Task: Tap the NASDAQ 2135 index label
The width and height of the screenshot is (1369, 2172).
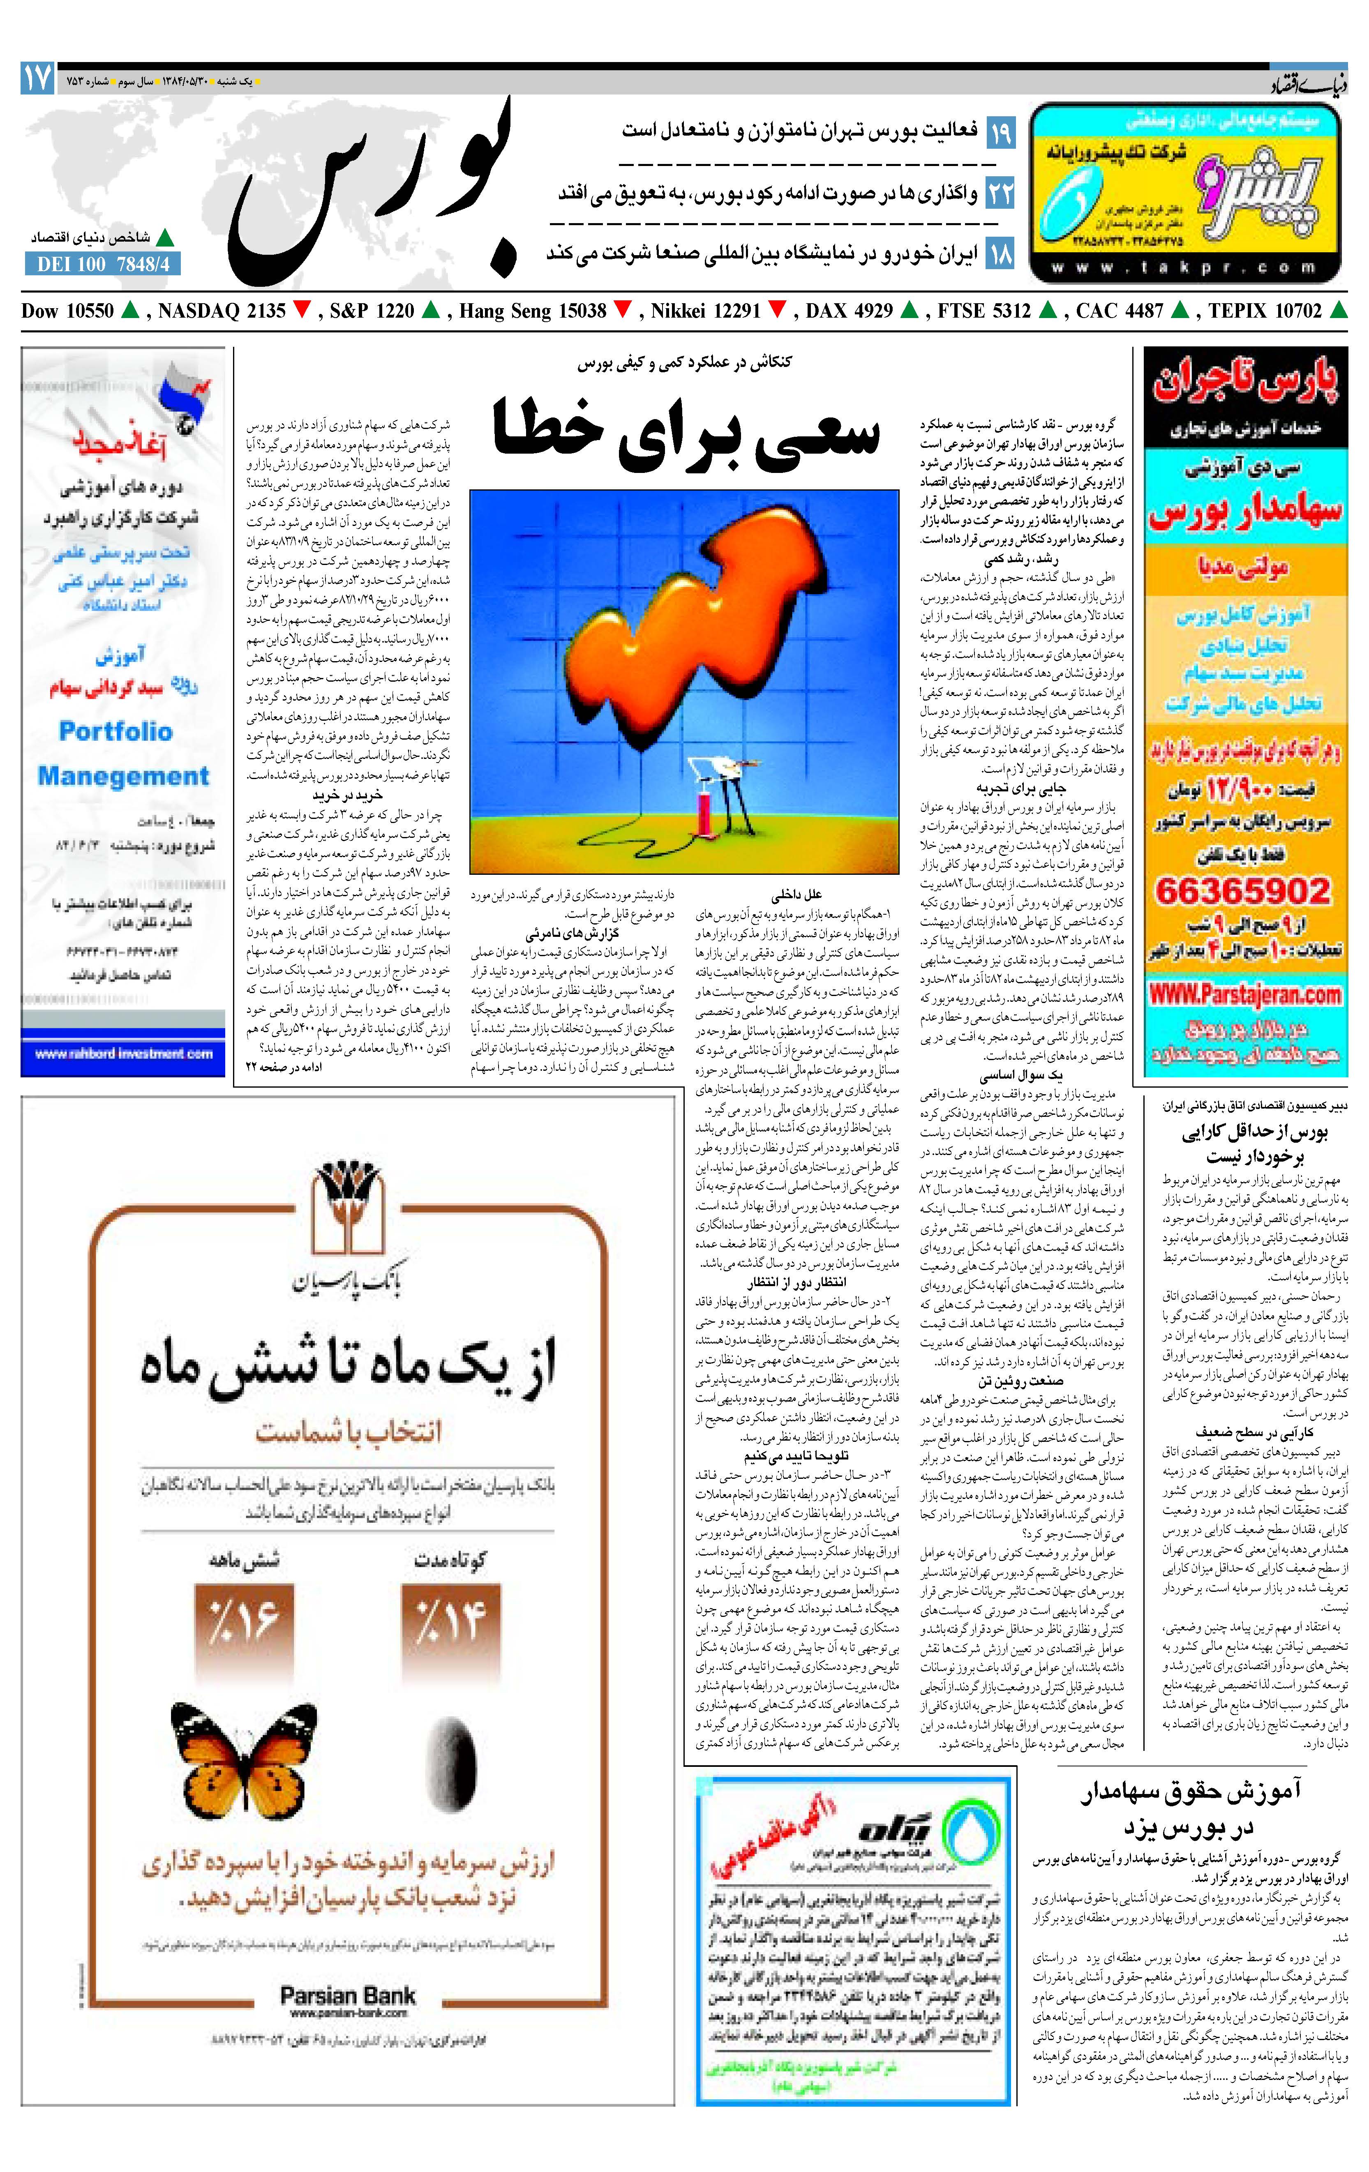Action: point(221,311)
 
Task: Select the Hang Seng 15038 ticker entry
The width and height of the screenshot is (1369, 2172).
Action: point(533,311)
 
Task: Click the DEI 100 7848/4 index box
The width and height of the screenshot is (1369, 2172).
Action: point(103,264)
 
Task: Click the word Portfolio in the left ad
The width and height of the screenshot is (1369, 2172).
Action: point(115,731)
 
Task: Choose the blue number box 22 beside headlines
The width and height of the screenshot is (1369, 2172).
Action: point(1000,193)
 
